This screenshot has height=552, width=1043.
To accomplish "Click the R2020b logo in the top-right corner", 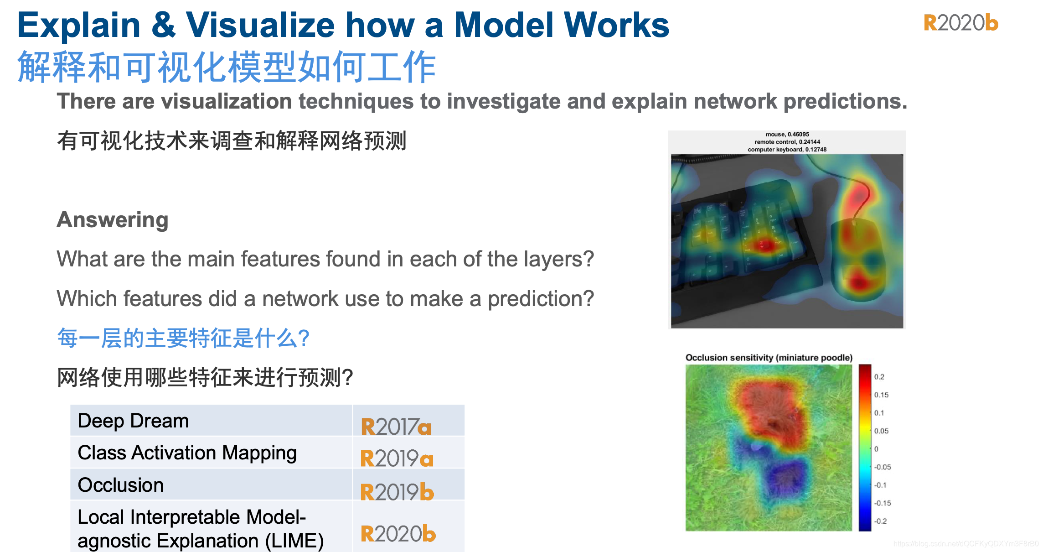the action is pos(961,23).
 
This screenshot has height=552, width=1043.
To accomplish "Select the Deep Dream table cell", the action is pos(211,421).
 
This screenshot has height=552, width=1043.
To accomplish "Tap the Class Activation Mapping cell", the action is pos(211,453).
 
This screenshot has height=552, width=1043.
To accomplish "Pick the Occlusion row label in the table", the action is pos(120,485).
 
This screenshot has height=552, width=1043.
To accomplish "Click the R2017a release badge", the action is pos(396,427).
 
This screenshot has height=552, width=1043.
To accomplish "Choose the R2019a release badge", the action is pos(397,458).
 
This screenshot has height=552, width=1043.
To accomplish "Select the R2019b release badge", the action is pos(397,491).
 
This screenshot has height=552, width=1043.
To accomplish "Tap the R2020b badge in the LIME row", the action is pos(398,533).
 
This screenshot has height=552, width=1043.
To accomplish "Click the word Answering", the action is pos(113,220).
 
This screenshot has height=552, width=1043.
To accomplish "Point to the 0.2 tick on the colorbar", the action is pos(879,377).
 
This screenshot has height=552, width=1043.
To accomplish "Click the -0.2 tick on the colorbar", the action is pos(880,521).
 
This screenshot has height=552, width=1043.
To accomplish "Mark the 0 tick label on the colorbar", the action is pos(876,449).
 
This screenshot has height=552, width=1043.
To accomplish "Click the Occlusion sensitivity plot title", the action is pos(769,358).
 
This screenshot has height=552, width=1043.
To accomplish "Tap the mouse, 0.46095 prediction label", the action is pos(787,134).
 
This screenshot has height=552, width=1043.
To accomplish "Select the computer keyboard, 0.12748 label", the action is pos(787,149).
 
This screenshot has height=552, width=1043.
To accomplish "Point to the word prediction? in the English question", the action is pos(541,299).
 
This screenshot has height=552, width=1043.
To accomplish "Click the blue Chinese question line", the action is pos(183,338).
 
